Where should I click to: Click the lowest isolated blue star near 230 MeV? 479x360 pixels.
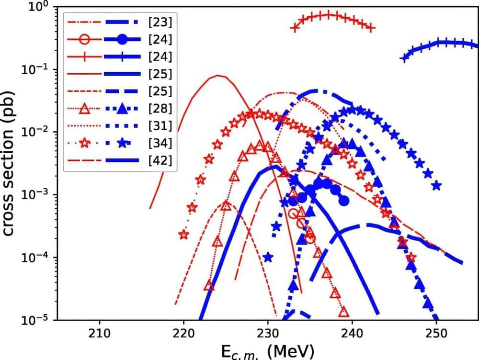tap(268, 257)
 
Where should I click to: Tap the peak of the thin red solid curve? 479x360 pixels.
tap(218, 75)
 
